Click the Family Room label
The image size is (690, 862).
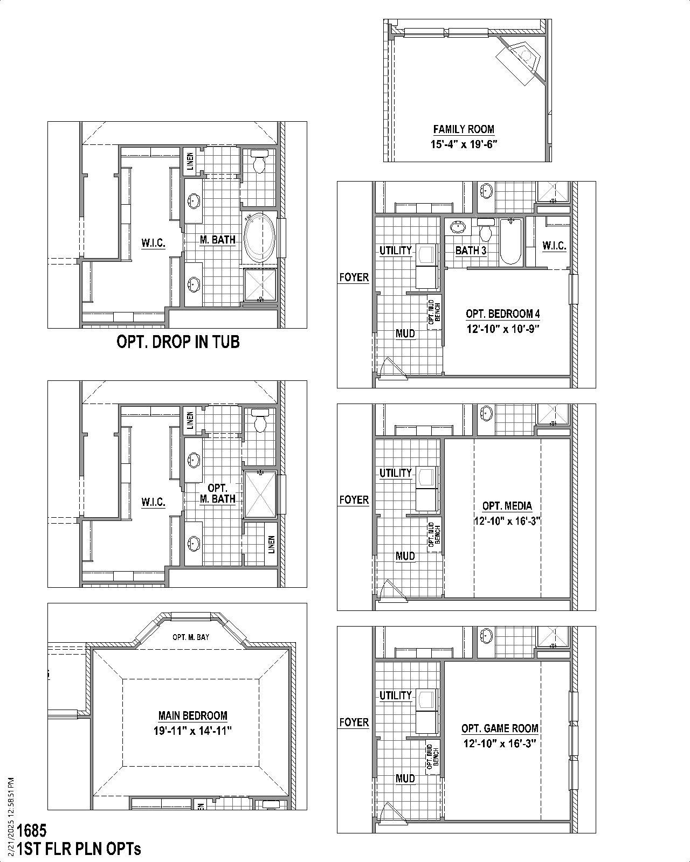[x=464, y=129]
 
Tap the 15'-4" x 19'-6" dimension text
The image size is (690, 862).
[x=464, y=144]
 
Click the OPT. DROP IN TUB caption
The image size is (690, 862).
[x=178, y=342]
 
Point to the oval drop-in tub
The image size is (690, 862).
[x=260, y=238]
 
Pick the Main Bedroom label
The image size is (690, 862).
[x=192, y=716]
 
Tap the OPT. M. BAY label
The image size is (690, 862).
[x=191, y=637]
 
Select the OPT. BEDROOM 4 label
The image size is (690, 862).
[x=503, y=314]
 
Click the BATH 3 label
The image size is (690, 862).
[x=471, y=251]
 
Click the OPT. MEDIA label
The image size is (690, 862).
[x=507, y=506]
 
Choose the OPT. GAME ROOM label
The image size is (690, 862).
[x=500, y=728]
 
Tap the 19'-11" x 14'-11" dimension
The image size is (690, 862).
[x=192, y=731]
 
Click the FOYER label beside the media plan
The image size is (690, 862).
[x=354, y=500]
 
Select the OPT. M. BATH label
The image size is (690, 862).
[x=217, y=493]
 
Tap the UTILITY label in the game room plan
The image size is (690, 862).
[x=395, y=696]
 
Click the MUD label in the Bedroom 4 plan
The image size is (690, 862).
[x=405, y=333]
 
